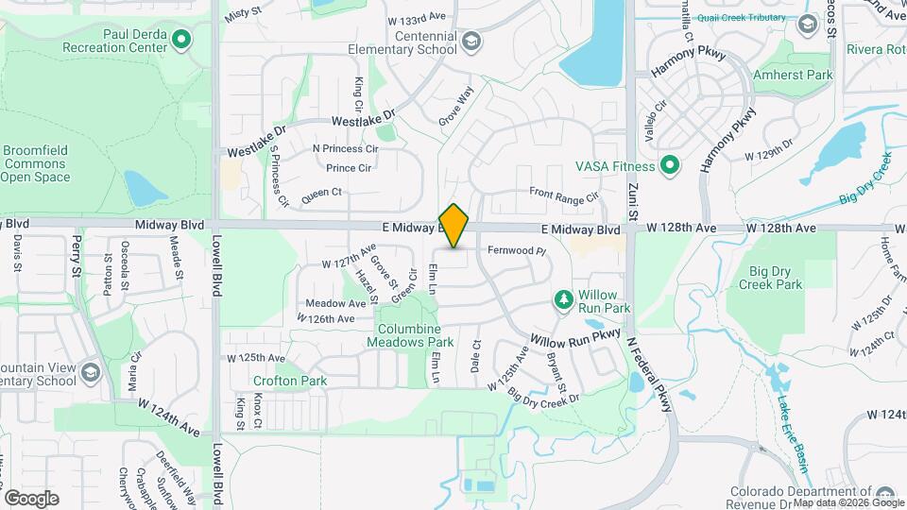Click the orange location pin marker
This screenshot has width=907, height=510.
[x=454, y=226]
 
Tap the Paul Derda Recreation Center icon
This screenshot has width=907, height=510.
[x=182, y=40]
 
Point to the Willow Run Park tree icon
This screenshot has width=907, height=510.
[x=564, y=299]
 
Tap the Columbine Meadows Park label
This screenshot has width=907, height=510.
[x=416, y=335]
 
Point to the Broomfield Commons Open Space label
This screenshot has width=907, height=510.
[x=35, y=163]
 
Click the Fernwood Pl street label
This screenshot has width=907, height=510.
[x=518, y=251]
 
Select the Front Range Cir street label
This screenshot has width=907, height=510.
[x=564, y=196]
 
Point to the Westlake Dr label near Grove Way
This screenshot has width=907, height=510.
[x=363, y=120]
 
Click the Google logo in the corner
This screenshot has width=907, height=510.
[x=31, y=499]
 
